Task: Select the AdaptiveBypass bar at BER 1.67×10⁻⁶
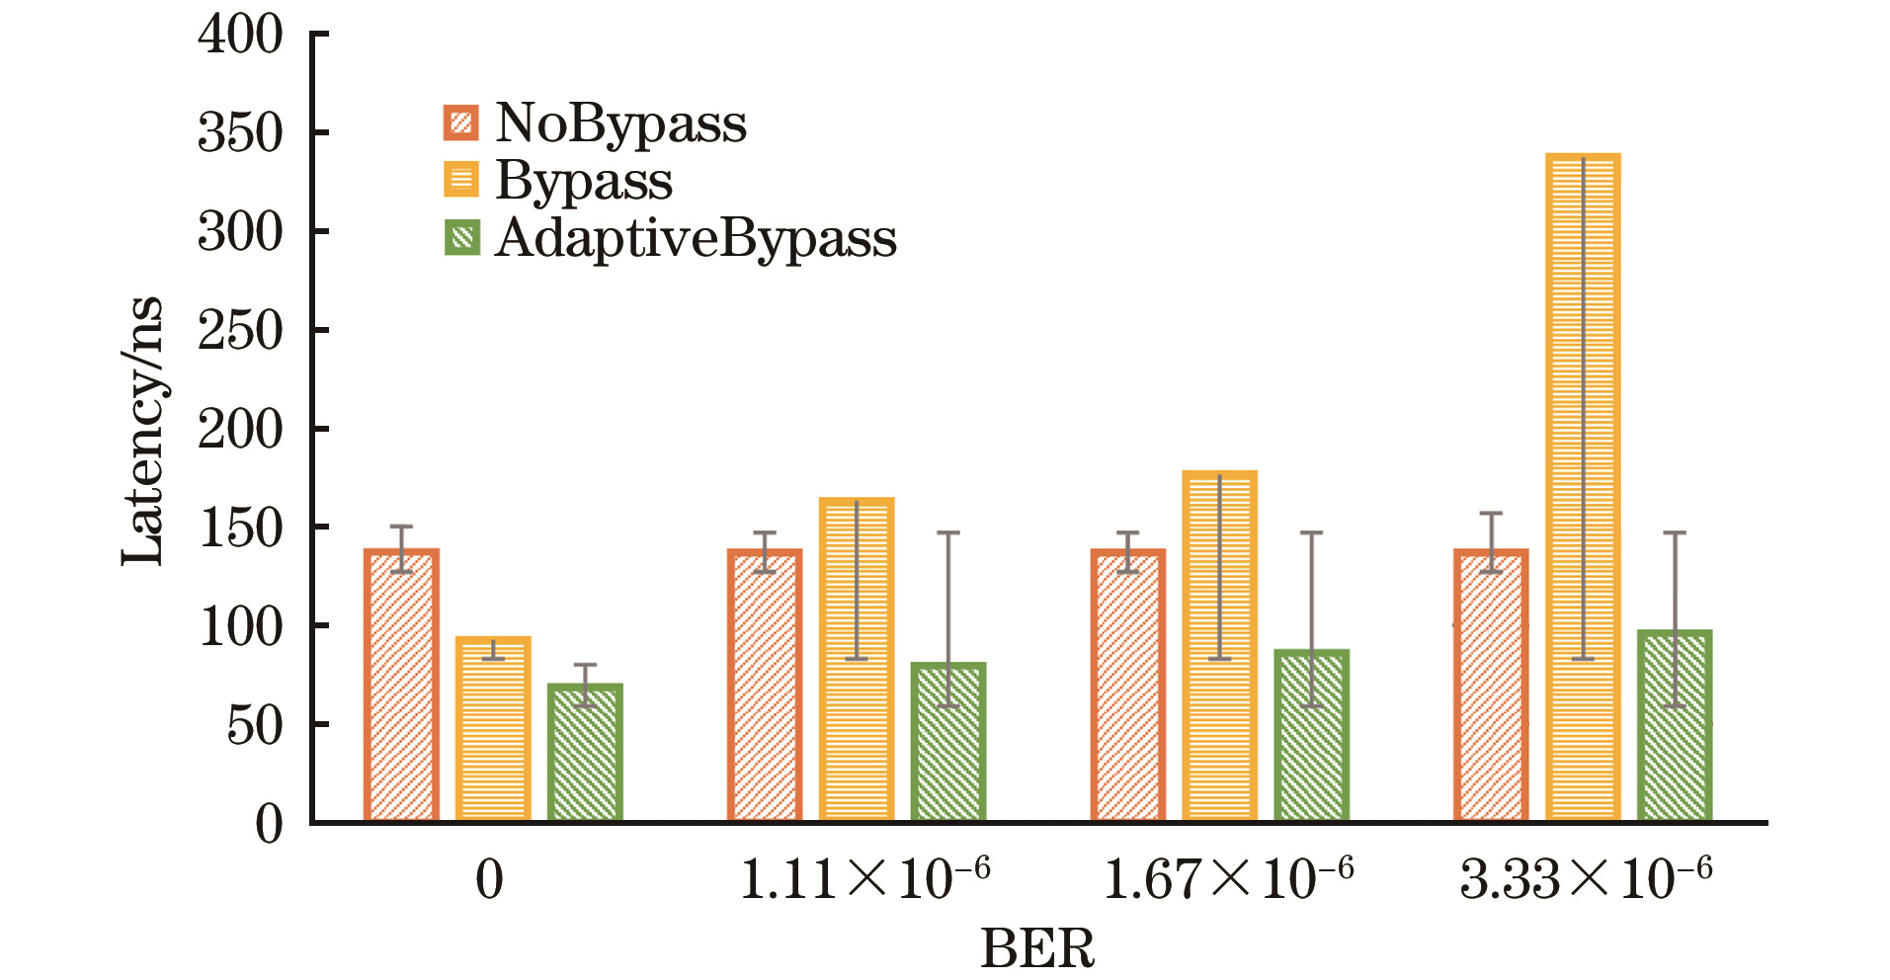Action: click(x=1311, y=736)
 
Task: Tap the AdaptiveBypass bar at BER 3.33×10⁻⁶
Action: click(x=1675, y=726)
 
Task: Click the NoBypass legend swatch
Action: click(x=461, y=123)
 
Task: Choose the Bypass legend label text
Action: click(x=584, y=181)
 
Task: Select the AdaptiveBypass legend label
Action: click(x=696, y=238)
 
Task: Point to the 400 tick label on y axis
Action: click(x=240, y=36)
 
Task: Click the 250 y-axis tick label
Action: click(x=240, y=331)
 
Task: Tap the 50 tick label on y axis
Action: click(x=254, y=726)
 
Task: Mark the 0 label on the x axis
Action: click(x=490, y=879)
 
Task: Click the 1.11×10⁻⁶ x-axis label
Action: click(x=864, y=877)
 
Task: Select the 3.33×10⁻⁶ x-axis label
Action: click(x=1586, y=877)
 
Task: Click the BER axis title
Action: click(x=1037, y=949)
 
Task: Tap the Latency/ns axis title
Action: click(x=141, y=432)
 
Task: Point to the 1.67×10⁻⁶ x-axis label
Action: click(x=1228, y=877)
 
